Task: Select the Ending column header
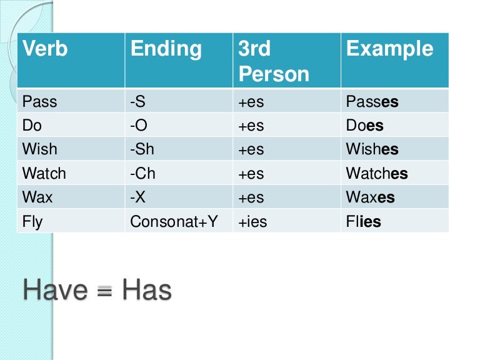coord(166,49)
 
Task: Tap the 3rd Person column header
coord(273,61)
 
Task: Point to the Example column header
coord(389,49)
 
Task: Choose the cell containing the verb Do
coord(32,125)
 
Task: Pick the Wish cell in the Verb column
coord(39,149)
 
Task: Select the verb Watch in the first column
coord(44,173)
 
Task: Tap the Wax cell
coord(37,197)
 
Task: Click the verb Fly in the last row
coord(32,221)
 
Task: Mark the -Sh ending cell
coord(142,149)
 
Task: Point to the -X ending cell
coord(138,197)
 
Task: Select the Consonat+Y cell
coord(174,221)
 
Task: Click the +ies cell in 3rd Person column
coord(252,221)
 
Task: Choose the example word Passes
coord(372,101)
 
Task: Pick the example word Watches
coord(376,173)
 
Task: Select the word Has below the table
coord(146,289)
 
